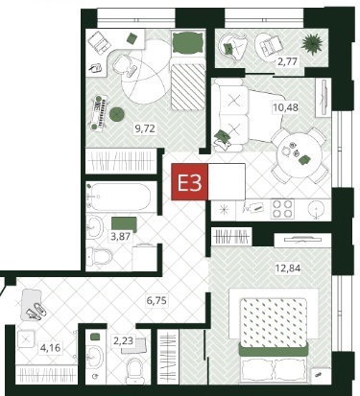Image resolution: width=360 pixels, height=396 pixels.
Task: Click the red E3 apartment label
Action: (190, 182)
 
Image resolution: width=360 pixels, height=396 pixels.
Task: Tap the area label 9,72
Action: (145, 128)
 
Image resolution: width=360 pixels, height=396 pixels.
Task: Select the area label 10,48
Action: (285, 107)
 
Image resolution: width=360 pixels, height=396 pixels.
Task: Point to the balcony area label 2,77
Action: (287, 60)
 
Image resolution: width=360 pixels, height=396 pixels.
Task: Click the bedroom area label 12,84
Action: (288, 268)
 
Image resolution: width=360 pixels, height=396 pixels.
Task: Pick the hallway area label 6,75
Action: (156, 300)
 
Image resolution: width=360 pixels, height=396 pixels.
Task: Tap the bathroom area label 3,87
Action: (120, 237)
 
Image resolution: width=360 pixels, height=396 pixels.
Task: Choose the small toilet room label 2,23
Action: (123, 340)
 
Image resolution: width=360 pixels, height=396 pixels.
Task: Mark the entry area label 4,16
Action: (50, 347)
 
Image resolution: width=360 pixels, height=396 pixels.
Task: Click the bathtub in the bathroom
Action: (118, 197)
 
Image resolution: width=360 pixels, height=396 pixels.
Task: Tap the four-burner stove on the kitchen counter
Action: (282, 209)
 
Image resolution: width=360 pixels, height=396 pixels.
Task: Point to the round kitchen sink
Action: (317, 209)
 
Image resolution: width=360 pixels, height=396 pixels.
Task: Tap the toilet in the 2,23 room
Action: (135, 371)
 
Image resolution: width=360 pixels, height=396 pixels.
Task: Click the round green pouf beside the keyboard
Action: (116, 114)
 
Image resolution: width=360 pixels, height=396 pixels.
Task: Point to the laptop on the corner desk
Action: (100, 43)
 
